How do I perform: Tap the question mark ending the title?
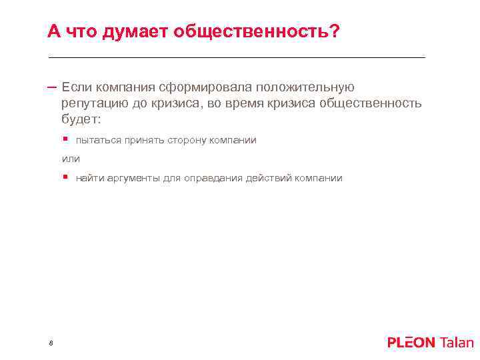[x=333, y=31]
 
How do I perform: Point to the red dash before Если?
[x=52, y=87]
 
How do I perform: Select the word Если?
[x=77, y=87]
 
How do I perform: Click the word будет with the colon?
[x=81, y=120]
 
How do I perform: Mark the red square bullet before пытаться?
[x=65, y=139]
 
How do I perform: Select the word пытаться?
[x=96, y=140]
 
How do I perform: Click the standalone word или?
[x=71, y=159]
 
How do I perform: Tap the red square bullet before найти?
[x=65, y=177]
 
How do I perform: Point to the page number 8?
[x=51, y=343]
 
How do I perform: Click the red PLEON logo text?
[x=411, y=343]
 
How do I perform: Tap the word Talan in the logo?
[x=457, y=343]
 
